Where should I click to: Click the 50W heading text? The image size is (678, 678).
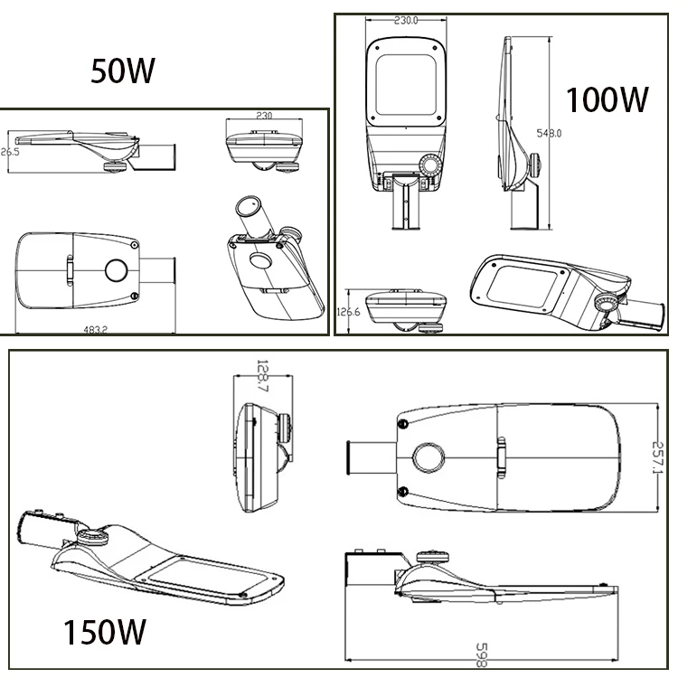pyautogui.click(x=124, y=70)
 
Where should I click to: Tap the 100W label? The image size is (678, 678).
pyautogui.click(x=607, y=99)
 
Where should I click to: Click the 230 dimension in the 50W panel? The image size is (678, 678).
pyautogui.click(x=264, y=117)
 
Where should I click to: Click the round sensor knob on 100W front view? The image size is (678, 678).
pyautogui.click(x=430, y=168)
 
